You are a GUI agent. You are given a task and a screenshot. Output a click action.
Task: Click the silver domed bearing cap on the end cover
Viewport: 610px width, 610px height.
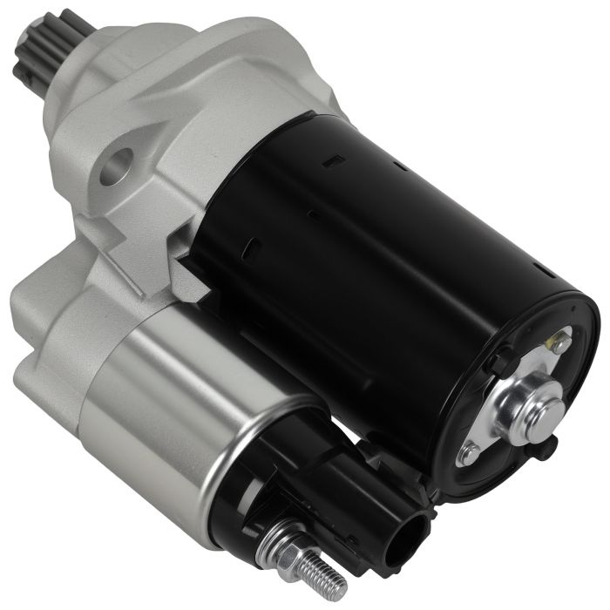528,405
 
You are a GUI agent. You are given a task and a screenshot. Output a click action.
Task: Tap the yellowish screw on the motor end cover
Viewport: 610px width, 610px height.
555,344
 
